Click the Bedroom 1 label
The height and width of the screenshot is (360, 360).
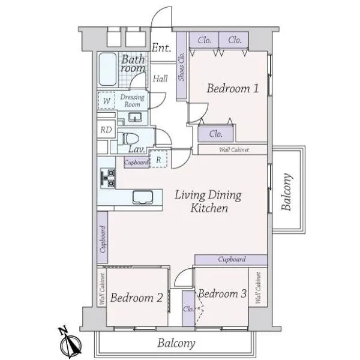(x=233, y=88)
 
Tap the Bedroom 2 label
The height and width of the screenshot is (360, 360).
(x=137, y=298)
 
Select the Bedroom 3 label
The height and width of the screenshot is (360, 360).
(x=223, y=293)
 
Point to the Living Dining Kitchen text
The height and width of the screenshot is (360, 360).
(x=208, y=202)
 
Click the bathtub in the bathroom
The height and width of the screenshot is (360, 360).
(x=107, y=70)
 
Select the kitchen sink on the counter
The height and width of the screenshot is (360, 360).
(x=143, y=197)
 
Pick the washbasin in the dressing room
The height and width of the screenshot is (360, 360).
(x=135, y=118)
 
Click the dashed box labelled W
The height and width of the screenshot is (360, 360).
(x=107, y=101)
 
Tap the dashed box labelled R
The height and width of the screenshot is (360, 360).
(x=158, y=159)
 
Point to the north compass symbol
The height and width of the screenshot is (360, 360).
(x=70, y=343)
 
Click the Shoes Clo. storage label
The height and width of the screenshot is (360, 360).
(x=182, y=67)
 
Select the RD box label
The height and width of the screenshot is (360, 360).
(x=106, y=130)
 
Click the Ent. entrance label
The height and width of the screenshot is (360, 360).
(x=161, y=48)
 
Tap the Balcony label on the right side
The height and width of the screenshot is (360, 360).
(x=287, y=192)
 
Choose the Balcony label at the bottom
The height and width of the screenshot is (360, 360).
(x=176, y=343)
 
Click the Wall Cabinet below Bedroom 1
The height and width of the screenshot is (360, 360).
(x=234, y=149)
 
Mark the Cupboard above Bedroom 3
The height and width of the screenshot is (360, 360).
(x=232, y=259)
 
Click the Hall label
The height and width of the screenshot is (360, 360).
(x=160, y=79)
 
